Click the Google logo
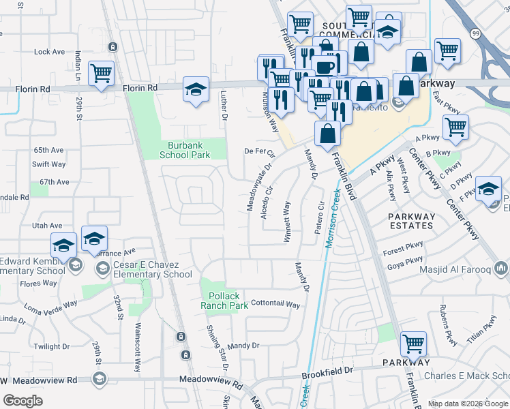[23, 401]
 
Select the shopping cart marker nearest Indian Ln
[101, 73]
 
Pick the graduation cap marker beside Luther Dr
[195, 89]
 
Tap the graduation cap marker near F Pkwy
[488, 188]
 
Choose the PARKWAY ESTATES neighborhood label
[411, 220]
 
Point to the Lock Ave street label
[48, 52]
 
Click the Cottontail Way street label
[275, 305]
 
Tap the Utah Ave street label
[46, 225]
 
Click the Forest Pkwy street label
[403, 251]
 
